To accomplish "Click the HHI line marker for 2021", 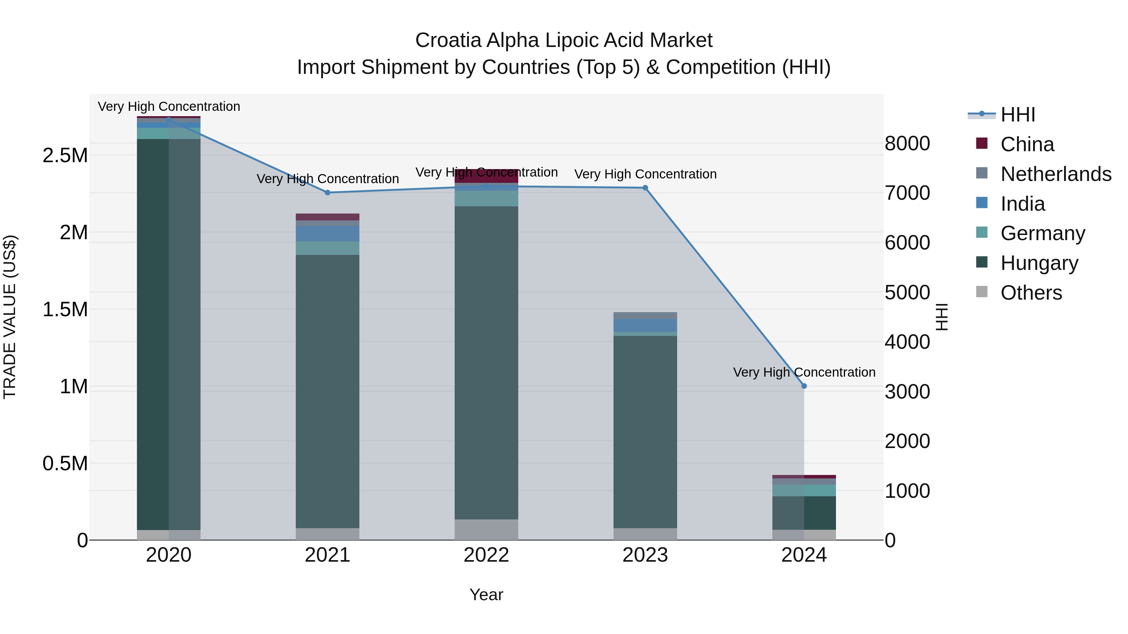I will pyautogui.click(x=327, y=193).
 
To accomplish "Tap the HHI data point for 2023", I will pyautogui.click(x=645, y=188).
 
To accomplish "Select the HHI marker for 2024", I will pyautogui.click(x=804, y=386).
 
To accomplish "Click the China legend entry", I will pyautogui.click(x=1027, y=144).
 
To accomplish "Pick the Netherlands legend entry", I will pyautogui.click(x=1055, y=174).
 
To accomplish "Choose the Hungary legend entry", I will pyautogui.click(x=1039, y=263).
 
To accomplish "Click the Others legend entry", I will pyautogui.click(x=1031, y=293).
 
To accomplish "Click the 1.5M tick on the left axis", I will pyautogui.click(x=65, y=309).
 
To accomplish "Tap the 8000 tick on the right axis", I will pyautogui.click(x=907, y=143).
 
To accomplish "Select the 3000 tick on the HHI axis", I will pyautogui.click(x=907, y=392).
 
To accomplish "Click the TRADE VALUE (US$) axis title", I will pyautogui.click(x=10, y=317).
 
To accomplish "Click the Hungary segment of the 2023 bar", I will pyautogui.click(x=645, y=431).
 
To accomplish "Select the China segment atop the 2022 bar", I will pyautogui.click(x=486, y=176).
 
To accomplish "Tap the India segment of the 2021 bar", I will pyautogui.click(x=327, y=234).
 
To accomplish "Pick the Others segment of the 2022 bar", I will pyautogui.click(x=486, y=529).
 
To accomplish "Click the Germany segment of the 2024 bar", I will pyautogui.click(x=804, y=490).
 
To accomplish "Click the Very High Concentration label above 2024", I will pyautogui.click(x=804, y=372).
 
